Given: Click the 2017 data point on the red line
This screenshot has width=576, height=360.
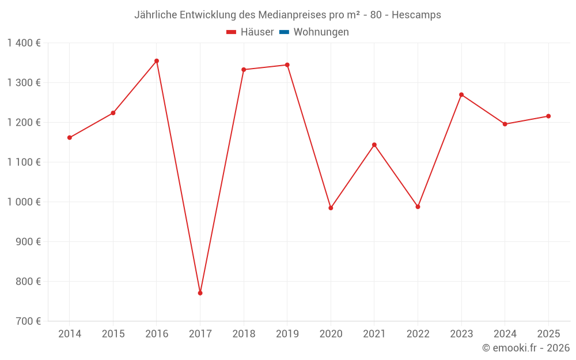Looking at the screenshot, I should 200,293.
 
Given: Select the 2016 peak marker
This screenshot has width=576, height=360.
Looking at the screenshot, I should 157,61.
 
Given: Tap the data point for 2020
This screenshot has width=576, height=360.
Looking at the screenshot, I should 331,208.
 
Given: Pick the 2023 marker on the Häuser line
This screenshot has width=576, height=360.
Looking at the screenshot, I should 461,94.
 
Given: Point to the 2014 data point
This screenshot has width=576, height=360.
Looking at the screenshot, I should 70,138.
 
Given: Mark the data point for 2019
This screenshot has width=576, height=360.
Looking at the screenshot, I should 287,65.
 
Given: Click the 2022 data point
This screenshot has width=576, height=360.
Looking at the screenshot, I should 418,207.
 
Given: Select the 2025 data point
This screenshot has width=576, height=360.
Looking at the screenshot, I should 548,116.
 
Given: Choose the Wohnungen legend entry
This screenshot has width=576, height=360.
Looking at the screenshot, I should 321,32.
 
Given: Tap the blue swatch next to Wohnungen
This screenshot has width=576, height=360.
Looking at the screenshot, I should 284,32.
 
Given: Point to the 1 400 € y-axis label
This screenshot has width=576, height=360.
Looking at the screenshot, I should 24,43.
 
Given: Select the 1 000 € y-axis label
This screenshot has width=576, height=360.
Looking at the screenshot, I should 24,202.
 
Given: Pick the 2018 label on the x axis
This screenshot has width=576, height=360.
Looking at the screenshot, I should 244,334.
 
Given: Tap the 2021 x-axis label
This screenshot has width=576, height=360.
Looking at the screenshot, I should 374,334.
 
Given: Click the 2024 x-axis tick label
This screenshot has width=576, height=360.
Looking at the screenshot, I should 505,334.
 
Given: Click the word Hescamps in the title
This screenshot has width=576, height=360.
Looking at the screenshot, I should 416,15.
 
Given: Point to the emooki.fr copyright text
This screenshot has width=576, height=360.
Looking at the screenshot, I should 526,348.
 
